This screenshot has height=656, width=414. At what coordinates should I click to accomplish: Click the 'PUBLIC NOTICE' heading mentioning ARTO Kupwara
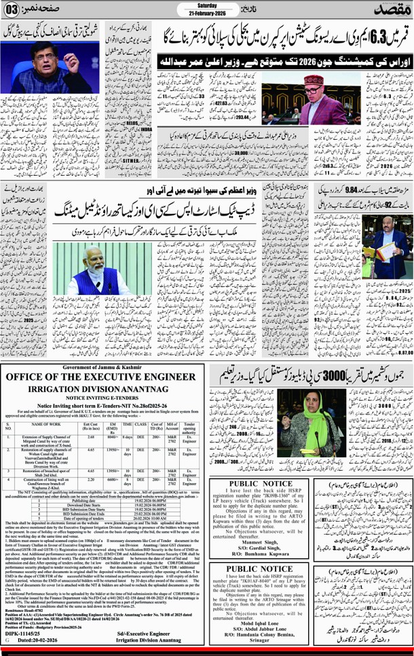[x=257, y=484]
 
